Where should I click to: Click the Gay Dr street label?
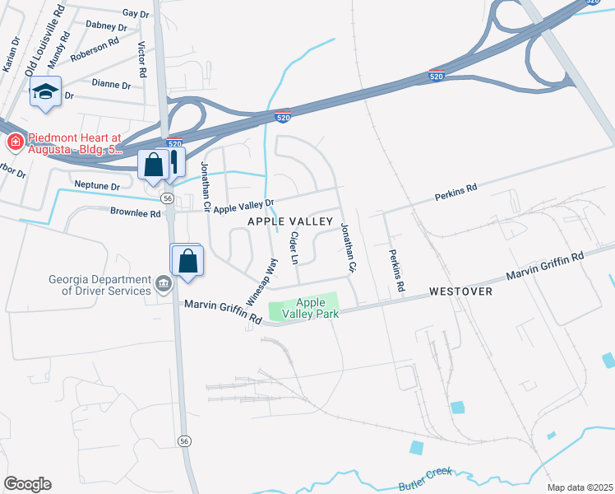[135, 14]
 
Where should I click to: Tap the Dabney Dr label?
[106, 27]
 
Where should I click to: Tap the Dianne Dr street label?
[111, 85]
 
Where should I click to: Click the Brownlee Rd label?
[136, 213]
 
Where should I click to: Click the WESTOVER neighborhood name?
[460, 292]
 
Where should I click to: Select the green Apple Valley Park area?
[303, 308]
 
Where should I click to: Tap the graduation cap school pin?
[46, 92]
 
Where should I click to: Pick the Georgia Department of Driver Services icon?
[164, 285]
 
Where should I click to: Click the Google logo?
[26, 484]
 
